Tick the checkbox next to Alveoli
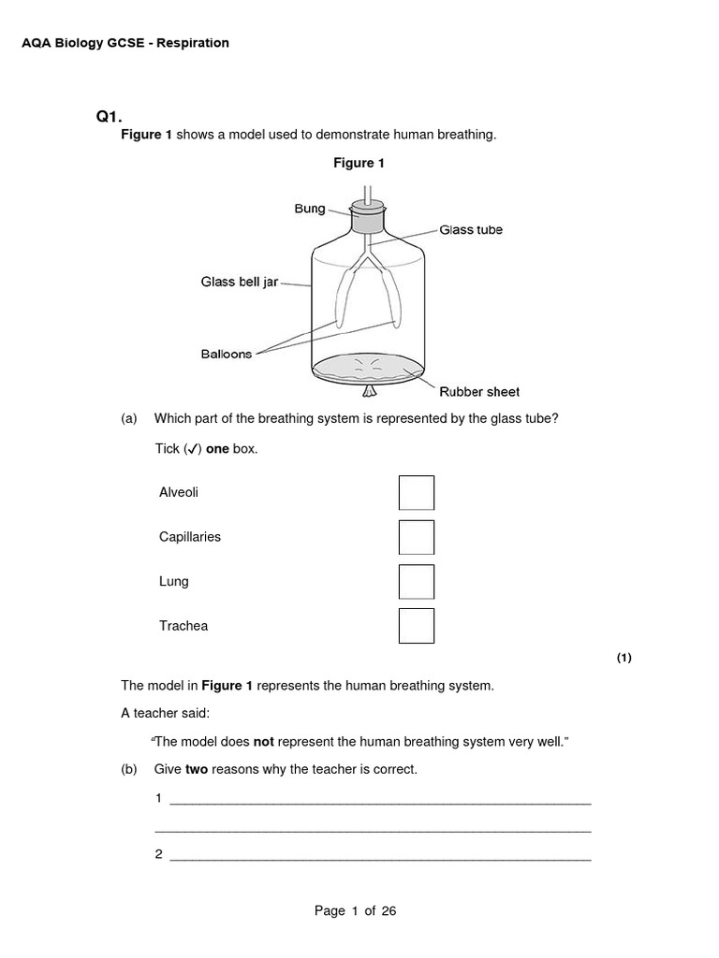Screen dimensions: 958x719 click(416, 493)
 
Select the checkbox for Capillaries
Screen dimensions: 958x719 click(416, 537)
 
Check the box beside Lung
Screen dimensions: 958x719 click(416, 581)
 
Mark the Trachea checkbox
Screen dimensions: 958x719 click(416, 626)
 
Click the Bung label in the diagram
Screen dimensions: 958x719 click(310, 209)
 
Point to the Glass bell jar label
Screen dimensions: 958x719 click(240, 282)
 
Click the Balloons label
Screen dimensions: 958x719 click(227, 355)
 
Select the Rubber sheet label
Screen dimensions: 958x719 click(479, 392)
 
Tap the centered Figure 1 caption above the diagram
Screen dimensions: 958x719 click(359, 164)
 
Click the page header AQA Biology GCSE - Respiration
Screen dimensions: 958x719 click(125, 43)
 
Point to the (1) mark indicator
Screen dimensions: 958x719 click(624, 658)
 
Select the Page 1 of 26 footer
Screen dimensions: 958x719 click(356, 911)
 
